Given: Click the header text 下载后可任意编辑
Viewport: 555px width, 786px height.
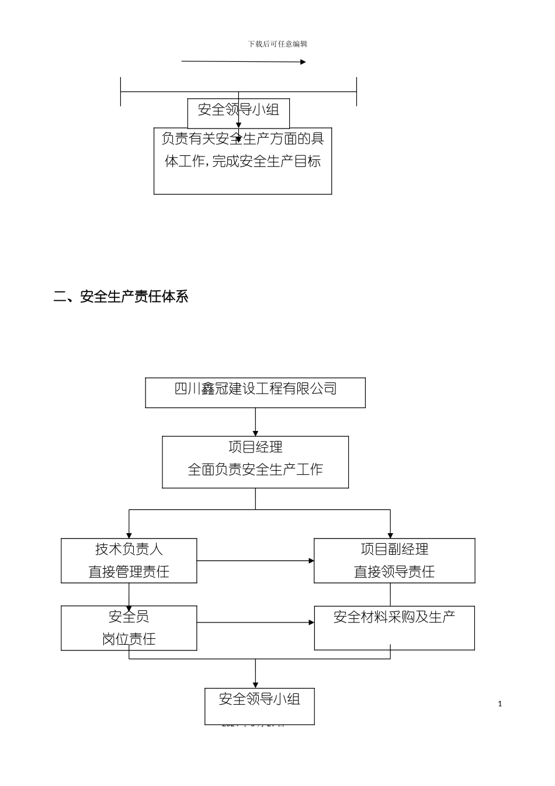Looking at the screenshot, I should (277, 44).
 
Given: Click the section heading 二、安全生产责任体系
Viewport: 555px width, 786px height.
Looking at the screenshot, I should (121, 297).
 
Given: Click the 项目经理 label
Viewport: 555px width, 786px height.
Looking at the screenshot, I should (255, 447).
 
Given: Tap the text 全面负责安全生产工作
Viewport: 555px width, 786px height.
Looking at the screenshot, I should (255, 469).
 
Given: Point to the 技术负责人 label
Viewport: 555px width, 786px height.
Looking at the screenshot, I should (129, 549).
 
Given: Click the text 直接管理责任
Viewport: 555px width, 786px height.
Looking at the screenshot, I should (129, 572).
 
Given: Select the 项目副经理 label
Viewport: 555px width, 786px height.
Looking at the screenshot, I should (394, 549).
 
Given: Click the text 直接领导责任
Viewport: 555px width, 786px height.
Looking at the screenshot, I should (394, 572).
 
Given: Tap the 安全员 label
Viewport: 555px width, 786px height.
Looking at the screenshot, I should (129, 617).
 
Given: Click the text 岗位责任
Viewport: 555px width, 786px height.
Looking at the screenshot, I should (129, 639).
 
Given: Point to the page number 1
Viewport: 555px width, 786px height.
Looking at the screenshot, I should (500, 704).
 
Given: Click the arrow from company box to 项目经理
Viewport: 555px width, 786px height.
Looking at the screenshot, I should (255, 422).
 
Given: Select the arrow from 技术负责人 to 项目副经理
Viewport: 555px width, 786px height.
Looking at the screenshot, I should (255, 561).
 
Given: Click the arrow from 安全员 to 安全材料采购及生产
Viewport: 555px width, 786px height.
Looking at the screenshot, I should (255, 622).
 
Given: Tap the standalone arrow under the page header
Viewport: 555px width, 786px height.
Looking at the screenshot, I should (244, 61).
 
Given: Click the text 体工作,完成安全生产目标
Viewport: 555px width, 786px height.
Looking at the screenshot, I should (242, 162).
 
